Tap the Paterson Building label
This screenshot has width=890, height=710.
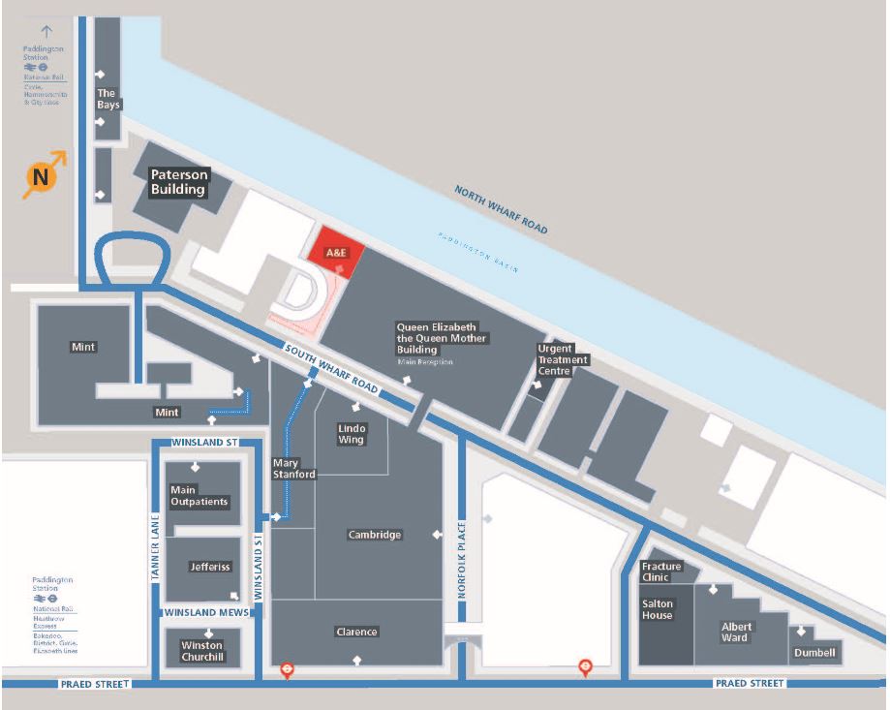tap(178, 182)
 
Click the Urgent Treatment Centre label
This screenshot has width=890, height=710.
tap(563, 359)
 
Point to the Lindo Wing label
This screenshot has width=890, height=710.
tap(352, 433)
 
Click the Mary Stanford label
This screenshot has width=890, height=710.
tap(294, 469)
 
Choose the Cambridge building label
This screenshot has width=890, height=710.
tap(375, 535)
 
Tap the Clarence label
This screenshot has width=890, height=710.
tap(356, 632)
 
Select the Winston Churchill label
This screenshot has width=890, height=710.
tap(201, 651)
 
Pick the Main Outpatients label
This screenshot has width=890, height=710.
tap(199, 496)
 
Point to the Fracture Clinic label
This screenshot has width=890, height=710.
tap(661, 571)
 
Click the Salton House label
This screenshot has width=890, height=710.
tap(658, 609)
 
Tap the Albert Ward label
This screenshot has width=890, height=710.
tap(735, 632)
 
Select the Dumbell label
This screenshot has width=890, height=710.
tap(814, 653)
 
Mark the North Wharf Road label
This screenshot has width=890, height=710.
tap(501, 209)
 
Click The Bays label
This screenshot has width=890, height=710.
tap(107, 99)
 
